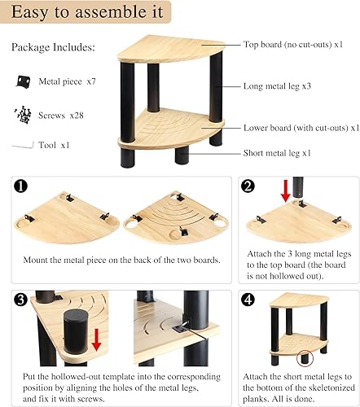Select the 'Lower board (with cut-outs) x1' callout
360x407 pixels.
click(x=299, y=127)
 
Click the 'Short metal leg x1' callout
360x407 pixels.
click(x=281, y=153)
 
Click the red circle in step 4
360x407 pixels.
click(x=306, y=356)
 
